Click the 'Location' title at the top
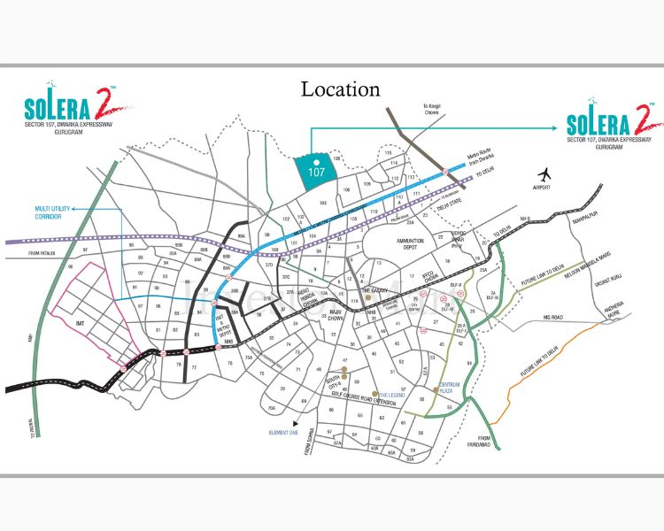[x=341, y=89]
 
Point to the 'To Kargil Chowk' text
[x=435, y=111]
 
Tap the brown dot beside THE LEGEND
[x=375, y=395]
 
